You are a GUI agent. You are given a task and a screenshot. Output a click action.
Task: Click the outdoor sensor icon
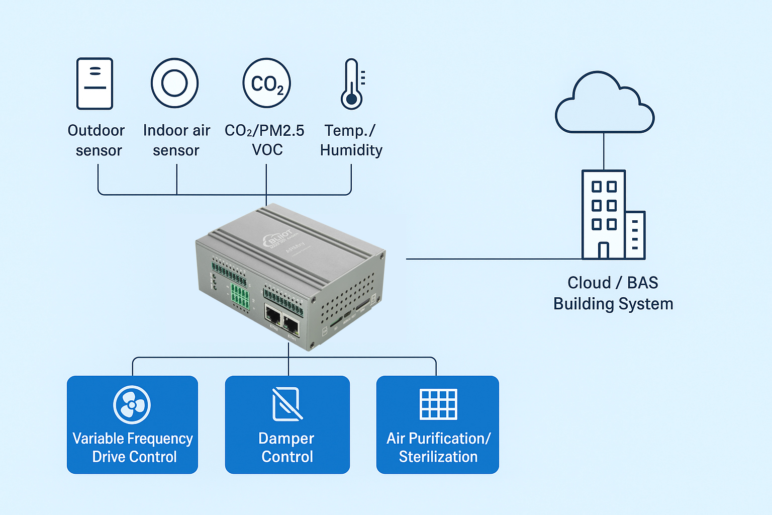[x=94, y=83]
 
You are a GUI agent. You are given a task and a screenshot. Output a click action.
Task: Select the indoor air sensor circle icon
[x=175, y=83]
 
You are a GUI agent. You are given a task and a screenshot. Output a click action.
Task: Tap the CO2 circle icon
[x=267, y=83]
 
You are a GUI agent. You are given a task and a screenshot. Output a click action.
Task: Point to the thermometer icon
[x=352, y=84]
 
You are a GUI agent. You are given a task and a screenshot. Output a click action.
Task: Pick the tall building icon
[x=604, y=215]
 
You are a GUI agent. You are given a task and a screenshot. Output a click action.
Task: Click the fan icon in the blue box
[x=132, y=404]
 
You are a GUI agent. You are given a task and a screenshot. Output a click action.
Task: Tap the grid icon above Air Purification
[x=438, y=404]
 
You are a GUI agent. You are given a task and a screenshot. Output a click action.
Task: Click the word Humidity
[x=351, y=150]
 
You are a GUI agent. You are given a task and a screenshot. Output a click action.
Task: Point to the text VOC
[x=267, y=150]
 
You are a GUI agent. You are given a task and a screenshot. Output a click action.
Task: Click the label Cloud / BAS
[x=613, y=283]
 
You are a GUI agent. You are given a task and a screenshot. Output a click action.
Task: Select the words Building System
[x=613, y=304]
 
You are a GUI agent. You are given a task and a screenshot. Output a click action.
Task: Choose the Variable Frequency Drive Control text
[x=133, y=447]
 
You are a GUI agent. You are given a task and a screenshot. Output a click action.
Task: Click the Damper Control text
[x=287, y=447]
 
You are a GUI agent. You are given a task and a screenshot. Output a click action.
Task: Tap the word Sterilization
[x=438, y=457]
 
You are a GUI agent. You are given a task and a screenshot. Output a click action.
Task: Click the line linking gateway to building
[x=493, y=259]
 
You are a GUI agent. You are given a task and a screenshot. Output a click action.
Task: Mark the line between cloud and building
[x=604, y=151]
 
